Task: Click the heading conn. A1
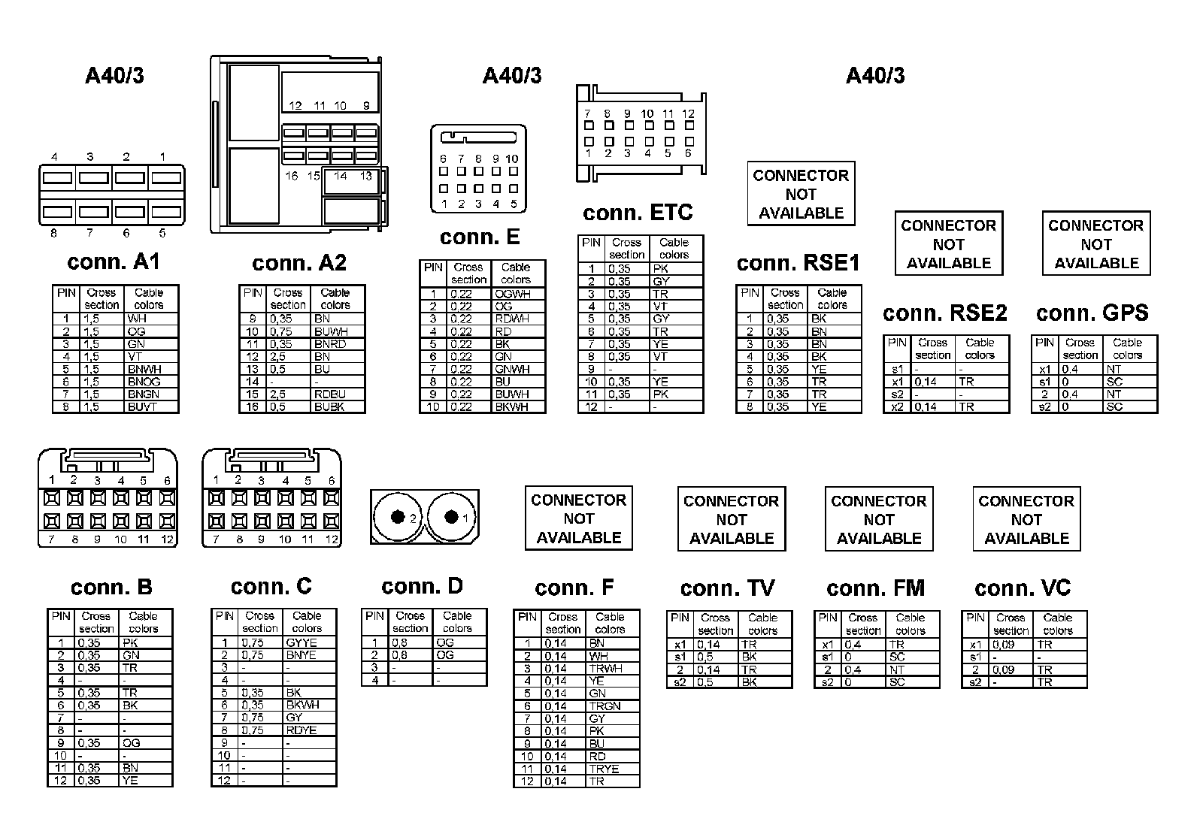click(x=114, y=262)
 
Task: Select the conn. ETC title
click(x=638, y=213)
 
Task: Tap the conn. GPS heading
click(x=1092, y=313)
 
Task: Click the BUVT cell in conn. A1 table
click(x=142, y=406)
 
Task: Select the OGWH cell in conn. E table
click(x=512, y=294)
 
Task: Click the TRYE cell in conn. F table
click(x=604, y=769)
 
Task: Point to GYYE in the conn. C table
click(x=302, y=642)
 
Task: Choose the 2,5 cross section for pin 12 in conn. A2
click(x=279, y=356)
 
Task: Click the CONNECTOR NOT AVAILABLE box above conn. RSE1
click(x=801, y=194)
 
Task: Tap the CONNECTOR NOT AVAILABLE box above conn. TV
click(x=732, y=519)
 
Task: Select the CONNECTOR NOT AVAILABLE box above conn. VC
click(x=1026, y=519)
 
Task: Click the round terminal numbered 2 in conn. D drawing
click(x=396, y=517)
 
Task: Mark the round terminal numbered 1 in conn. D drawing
click(x=452, y=517)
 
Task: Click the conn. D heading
click(x=422, y=587)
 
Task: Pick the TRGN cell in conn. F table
click(x=605, y=706)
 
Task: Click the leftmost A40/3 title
click(x=114, y=75)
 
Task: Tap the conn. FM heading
click(x=875, y=588)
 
